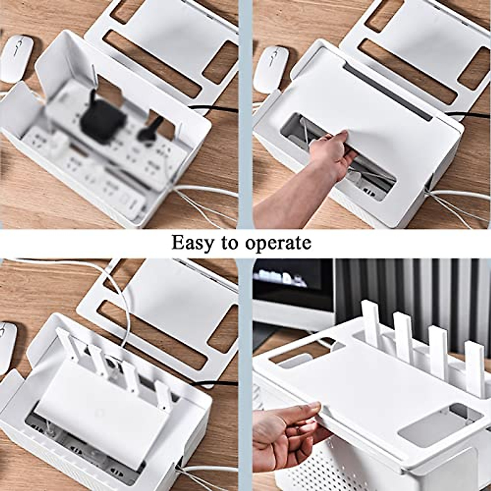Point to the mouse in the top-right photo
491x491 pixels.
[270, 68]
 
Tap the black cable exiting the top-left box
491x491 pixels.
[213, 109]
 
